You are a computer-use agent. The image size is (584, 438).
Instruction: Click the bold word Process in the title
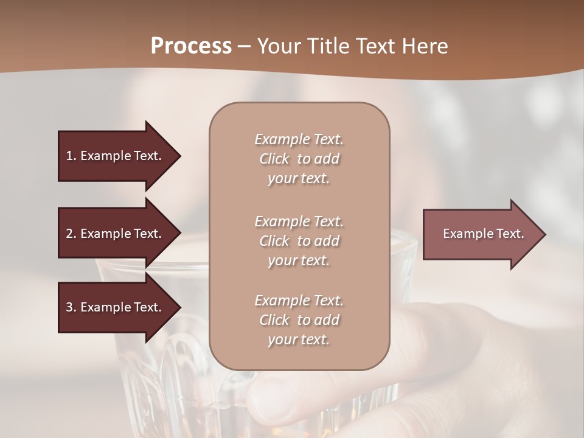click(x=191, y=46)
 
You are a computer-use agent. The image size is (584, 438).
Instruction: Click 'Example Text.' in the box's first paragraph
click(x=299, y=139)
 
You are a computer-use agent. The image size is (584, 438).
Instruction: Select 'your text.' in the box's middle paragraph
click(x=299, y=260)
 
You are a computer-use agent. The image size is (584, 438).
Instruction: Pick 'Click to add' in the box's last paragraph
click(x=299, y=320)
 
